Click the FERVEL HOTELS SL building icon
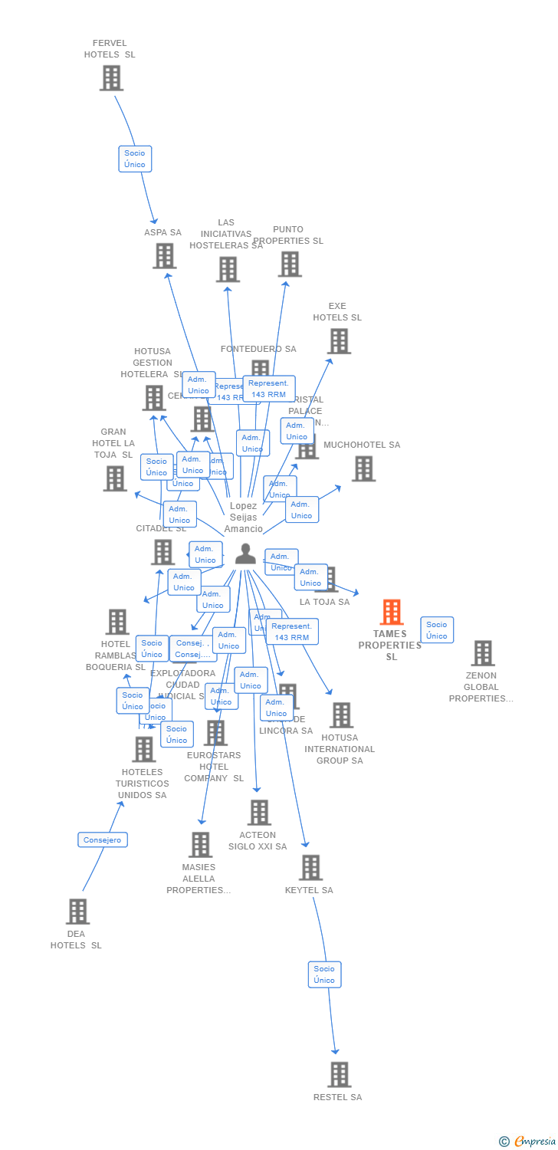[x=111, y=78]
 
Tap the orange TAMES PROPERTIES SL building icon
[x=392, y=613]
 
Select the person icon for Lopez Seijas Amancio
[x=245, y=554]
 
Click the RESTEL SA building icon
[x=339, y=1075]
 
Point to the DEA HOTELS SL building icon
[x=77, y=912]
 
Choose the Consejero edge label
[x=103, y=840]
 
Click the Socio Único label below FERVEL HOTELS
[x=135, y=159]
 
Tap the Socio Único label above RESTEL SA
[x=324, y=974]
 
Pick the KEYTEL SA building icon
[x=310, y=868]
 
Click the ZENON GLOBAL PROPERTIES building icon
[x=482, y=653]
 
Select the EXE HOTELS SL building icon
[x=339, y=341]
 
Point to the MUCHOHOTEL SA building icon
[x=363, y=468]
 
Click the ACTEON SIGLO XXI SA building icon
[x=259, y=813]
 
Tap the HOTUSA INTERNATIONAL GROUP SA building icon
[x=341, y=715]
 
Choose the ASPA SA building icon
[x=164, y=256]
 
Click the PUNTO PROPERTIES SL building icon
[x=289, y=264]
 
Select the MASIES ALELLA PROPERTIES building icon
[x=200, y=845]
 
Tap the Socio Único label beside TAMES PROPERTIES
[x=437, y=630]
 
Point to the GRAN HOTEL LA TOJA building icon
[x=115, y=478]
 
